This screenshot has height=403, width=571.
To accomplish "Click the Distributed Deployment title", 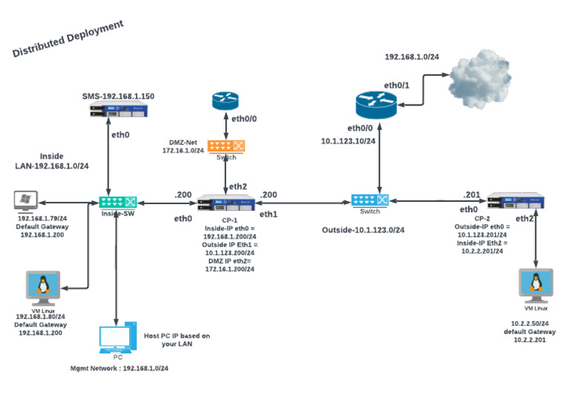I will [68, 39].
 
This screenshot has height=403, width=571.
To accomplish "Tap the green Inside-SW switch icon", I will [117, 202].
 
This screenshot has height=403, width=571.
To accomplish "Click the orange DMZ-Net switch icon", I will [226, 147].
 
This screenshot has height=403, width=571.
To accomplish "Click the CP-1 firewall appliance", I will [226, 202].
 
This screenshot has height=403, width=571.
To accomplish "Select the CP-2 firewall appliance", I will [516, 200].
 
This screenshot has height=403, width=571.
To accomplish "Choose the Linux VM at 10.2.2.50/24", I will [535, 286].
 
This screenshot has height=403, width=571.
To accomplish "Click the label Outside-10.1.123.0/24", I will [363, 230].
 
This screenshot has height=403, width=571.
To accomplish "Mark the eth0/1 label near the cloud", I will [396, 86].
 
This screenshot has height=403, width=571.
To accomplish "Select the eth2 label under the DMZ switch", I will [238, 186].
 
